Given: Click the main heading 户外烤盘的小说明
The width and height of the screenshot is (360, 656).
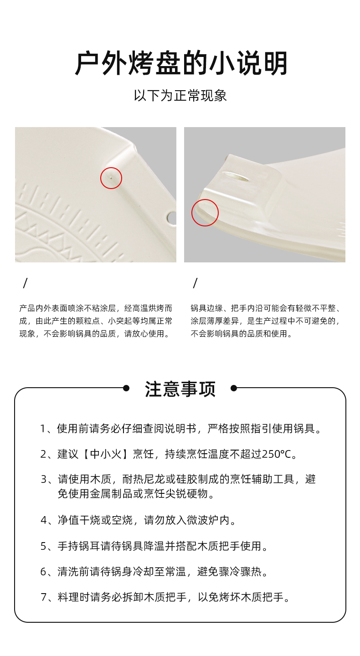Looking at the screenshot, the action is (181, 63).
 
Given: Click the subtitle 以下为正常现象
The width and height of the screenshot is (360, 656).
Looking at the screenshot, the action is (180, 96).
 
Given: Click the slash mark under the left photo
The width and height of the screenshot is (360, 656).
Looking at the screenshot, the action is (26, 283).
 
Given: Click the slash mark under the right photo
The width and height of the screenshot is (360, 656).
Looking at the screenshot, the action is (195, 283).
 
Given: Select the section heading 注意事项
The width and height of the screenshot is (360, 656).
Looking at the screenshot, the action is (180, 389).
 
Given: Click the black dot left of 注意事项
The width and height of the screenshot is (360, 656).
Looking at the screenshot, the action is (126, 388).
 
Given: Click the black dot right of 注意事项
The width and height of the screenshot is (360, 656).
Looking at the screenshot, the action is (234, 388).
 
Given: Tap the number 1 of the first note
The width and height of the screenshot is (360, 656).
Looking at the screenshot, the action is (43, 429).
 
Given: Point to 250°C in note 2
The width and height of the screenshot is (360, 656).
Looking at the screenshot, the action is (277, 454).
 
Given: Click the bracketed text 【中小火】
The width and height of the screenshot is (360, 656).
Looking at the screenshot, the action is (106, 454).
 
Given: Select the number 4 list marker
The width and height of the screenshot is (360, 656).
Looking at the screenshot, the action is (44, 520).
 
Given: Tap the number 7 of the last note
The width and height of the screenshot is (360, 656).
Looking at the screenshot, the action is (44, 597).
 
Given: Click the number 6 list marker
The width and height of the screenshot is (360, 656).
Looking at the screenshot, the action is (43, 572).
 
